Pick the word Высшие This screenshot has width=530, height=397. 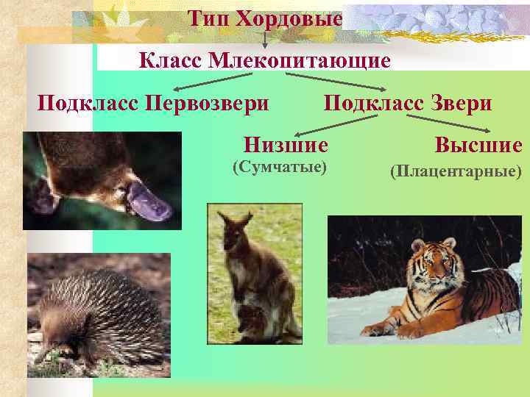pyautogui.click(x=478, y=145)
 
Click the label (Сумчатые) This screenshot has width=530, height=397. pyautogui.click(x=279, y=168)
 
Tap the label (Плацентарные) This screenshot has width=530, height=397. pyautogui.click(x=456, y=172)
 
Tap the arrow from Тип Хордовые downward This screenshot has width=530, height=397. pyautogui.click(x=264, y=40)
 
